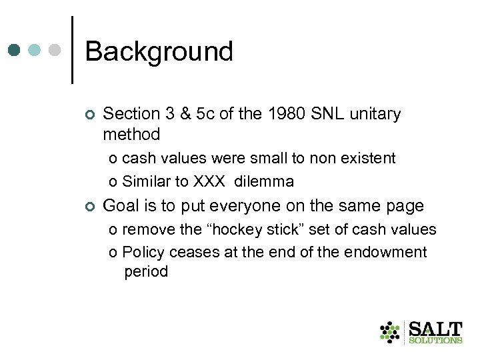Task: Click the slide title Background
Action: (159, 51)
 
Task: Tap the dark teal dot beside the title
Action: (15, 51)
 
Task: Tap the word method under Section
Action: (131, 135)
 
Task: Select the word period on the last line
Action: (146, 272)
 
